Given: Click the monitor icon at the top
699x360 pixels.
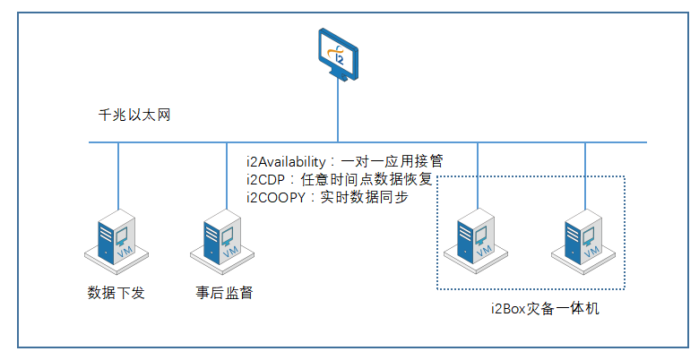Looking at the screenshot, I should (x=338, y=53).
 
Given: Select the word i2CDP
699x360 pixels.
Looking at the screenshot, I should (x=268, y=179).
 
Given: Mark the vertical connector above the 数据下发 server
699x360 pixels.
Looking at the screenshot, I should (x=117, y=175).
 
